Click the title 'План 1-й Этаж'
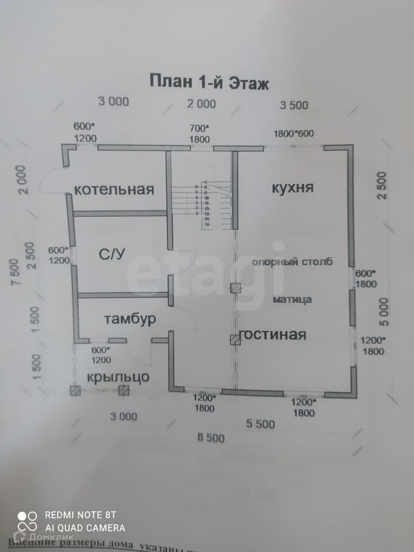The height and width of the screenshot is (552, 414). coord(209,80)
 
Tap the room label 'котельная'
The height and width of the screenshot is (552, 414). coord(114,190)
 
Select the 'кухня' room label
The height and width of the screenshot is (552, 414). coord(293,188)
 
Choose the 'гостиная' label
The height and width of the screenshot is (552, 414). coord(273,335)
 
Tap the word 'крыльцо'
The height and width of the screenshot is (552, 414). coord(118,377)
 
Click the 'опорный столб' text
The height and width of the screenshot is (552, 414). coord(292,262)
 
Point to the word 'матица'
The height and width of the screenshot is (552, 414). coord(292,299)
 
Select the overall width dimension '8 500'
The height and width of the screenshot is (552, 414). coord(210,438)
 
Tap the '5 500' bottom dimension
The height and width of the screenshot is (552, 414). coord(260,424)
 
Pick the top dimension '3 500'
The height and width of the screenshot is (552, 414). coord(294,105)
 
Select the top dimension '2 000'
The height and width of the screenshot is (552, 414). coord(202,104)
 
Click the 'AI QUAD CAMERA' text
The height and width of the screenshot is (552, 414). coord(85,527)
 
